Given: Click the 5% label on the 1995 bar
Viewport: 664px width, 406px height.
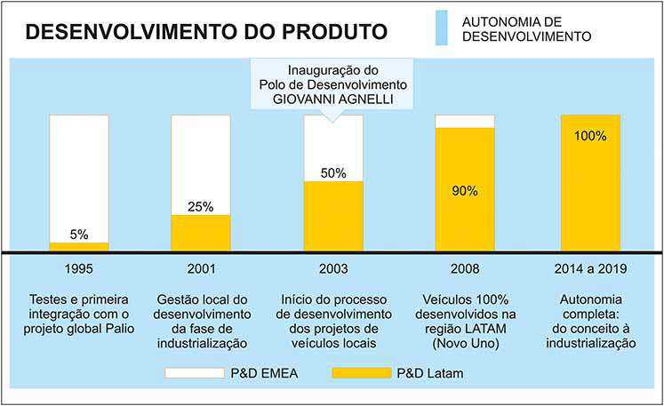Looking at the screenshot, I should pyautogui.click(x=79, y=235).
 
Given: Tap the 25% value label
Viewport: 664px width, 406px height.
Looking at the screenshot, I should pyautogui.click(x=201, y=207).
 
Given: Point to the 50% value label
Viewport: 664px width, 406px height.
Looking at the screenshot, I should pyautogui.click(x=333, y=173).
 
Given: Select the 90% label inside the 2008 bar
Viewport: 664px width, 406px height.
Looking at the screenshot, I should pyautogui.click(x=464, y=190).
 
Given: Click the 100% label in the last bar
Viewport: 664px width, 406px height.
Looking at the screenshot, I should pyautogui.click(x=590, y=136).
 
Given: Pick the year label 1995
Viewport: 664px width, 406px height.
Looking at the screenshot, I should pyautogui.click(x=79, y=268).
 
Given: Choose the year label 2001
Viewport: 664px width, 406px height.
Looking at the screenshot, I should pyautogui.click(x=201, y=268).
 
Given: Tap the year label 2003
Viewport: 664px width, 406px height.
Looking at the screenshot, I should pyautogui.click(x=333, y=268).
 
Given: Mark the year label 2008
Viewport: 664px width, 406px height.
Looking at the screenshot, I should pyautogui.click(x=464, y=268).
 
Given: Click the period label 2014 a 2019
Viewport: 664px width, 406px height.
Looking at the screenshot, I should pyautogui.click(x=590, y=268).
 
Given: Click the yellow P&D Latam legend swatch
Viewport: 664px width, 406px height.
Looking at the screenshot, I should pyautogui.click(x=360, y=374).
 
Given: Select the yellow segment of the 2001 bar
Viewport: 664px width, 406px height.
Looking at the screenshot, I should pyautogui.click(x=201, y=234).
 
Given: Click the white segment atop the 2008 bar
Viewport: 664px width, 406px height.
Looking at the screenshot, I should pyautogui.click(x=464, y=121).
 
